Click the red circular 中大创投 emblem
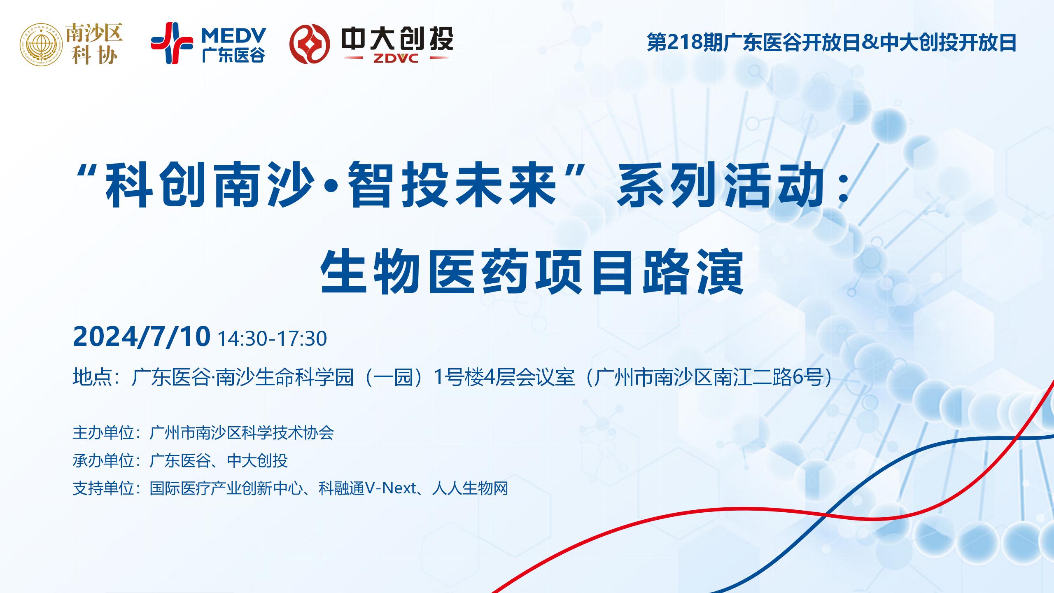[x=310, y=44]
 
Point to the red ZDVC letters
[x=396, y=59]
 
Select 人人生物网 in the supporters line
[x=470, y=488]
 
